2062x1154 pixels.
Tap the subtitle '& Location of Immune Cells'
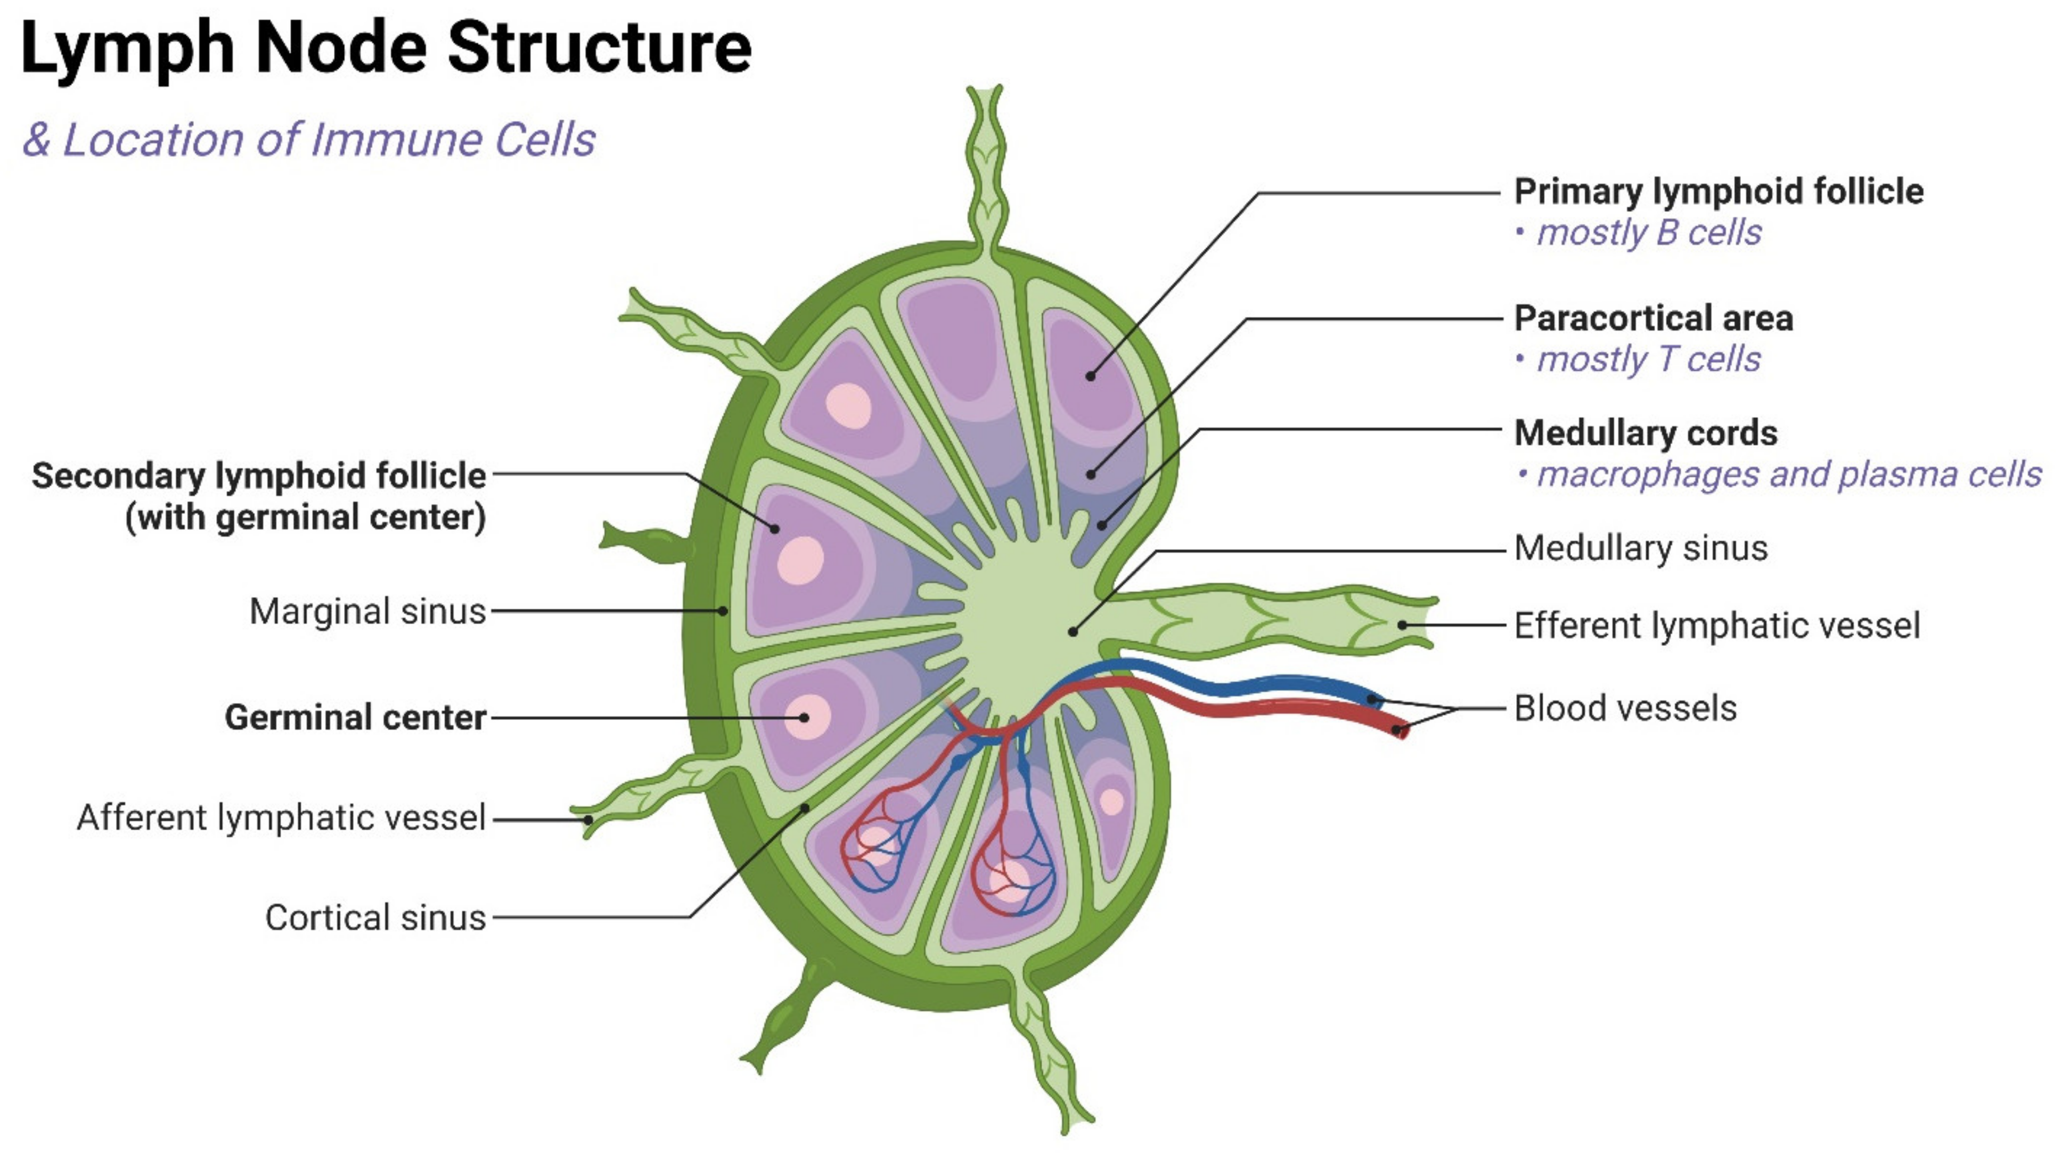click(x=309, y=140)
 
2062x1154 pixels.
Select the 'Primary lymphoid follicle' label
click(x=1718, y=192)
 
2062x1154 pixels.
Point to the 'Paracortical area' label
click(x=1653, y=318)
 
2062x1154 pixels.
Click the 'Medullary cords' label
click(x=1645, y=433)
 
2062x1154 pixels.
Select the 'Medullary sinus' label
click(x=1640, y=548)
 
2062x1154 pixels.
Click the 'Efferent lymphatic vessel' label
click(x=1716, y=626)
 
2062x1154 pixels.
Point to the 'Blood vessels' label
click(x=1625, y=709)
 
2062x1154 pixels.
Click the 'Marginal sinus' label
click(x=367, y=611)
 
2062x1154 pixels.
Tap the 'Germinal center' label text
click(x=355, y=717)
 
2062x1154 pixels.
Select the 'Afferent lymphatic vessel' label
click(x=281, y=818)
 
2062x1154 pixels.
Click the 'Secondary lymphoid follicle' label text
click(x=259, y=476)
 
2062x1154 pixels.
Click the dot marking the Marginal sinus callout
click(x=723, y=611)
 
